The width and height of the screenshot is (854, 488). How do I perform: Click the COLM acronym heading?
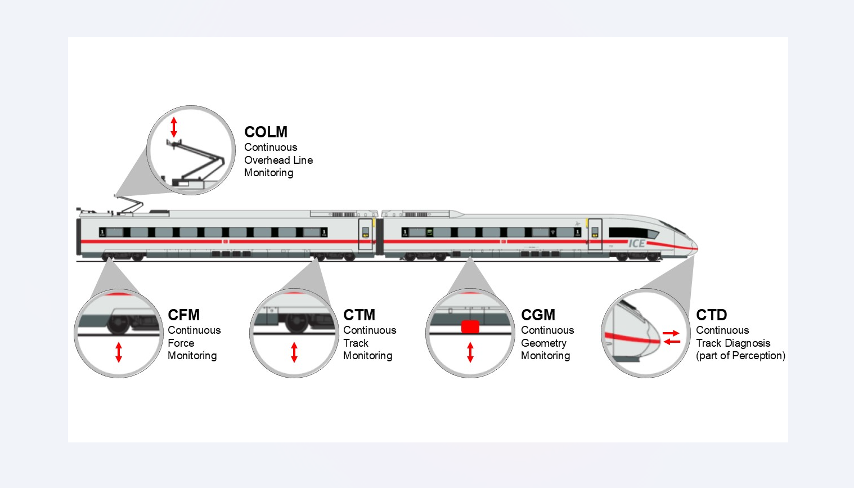pyautogui.click(x=266, y=132)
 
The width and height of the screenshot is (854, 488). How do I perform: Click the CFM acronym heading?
pyautogui.click(x=183, y=315)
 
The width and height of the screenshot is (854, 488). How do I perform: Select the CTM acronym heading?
pyautogui.click(x=359, y=315)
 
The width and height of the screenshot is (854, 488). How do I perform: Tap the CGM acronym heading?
pyautogui.click(x=538, y=315)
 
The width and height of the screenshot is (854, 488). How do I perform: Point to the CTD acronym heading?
pyautogui.click(x=711, y=315)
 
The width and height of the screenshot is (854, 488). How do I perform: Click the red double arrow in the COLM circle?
pyautogui.click(x=174, y=127)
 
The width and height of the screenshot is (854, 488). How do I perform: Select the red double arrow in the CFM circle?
pyautogui.click(x=119, y=352)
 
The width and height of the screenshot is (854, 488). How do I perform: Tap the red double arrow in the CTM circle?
pyautogui.click(x=294, y=352)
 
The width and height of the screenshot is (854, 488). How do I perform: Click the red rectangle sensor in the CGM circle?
pyautogui.click(x=470, y=327)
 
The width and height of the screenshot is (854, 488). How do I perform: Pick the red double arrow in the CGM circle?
pyautogui.click(x=470, y=352)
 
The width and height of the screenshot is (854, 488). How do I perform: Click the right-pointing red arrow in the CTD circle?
pyautogui.click(x=671, y=333)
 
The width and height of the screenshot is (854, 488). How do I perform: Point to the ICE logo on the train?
pyautogui.click(x=637, y=243)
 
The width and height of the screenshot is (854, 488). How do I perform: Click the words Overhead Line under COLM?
pyautogui.click(x=278, y=160)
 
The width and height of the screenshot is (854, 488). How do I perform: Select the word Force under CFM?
pyautogui.click(x=181, y=343)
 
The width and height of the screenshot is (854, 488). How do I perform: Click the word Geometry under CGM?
pyautogui.click(x=543, y=343)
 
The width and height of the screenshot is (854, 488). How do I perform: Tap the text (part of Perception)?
pyautogui.click(x=740, y=356)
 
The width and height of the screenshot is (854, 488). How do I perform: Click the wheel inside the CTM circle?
pyautogui.click(x=297, y=323)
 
